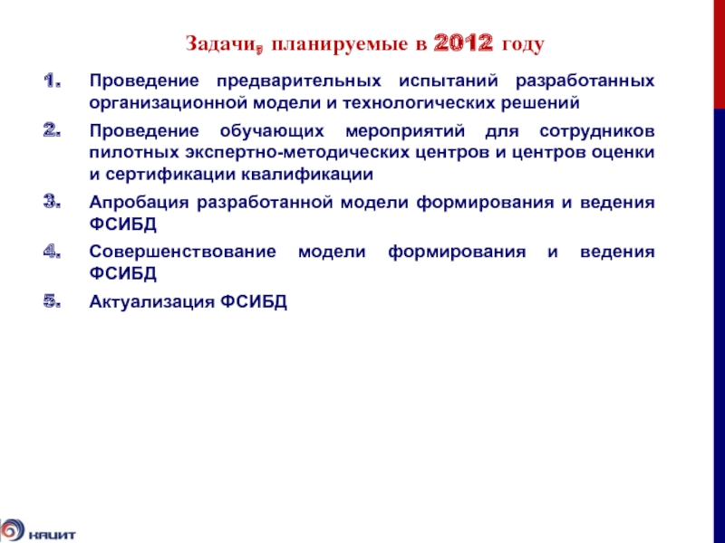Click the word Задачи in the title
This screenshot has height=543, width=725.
pyautogui.click(x=214, y=43)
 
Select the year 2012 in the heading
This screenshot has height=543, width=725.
pyautogui.click(x=462, y=43)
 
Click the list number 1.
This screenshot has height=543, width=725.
pyautogui.click(x=53, y=81)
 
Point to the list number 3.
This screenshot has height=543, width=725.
pyautogui.click(x=53, y=204)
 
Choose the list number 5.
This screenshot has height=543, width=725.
pyautogui.click(x=53, y=301)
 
